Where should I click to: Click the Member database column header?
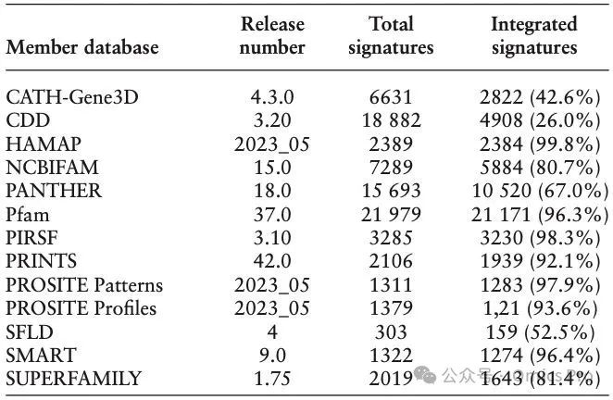pyautogui.click(x=82, y=47)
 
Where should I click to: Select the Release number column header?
pyautogui.click(x=272, y=36)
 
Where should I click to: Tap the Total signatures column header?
pyautogui.click(x=391, y=36)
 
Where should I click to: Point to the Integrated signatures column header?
pyautogui.click(x=533, y=36)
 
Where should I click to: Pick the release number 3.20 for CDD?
pyautogui.click(x=272, y=120)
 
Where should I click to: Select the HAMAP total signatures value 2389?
pyautogui.click(x=391, y=144)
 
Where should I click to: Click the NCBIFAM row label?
pyautogui.click(x=53, y=168)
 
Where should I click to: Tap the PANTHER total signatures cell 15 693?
pyautogui.click(x=391, y=191)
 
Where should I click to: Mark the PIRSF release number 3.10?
pyautogui.click(x=272, y=238)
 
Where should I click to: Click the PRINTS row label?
pyautogui.click(x=44, y=261)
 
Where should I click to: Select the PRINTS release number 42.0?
pyautogui.click(x=272, y=261)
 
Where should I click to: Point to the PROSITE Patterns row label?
pyautogui.click(x=84, y=284)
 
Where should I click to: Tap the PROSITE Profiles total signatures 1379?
pyautogui.click(x=391, y=308)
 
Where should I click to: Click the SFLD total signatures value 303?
pyautogui.click(x=391, y=331)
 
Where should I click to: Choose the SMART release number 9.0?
pyautogui.click(x=272, y=355)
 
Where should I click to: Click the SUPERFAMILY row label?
pyautogui.click(x=73, y=379)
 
